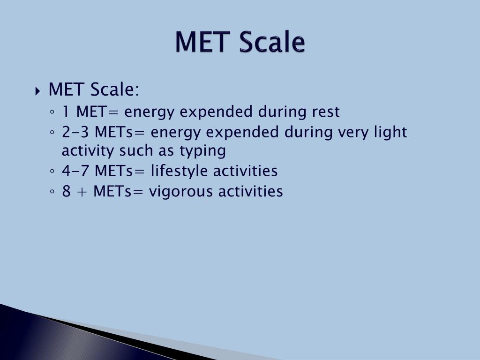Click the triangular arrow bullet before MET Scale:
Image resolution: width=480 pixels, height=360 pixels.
(x=38, y=90)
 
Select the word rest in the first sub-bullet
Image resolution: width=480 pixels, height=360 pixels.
(x=325, y=112)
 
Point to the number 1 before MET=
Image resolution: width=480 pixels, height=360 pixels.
(x=66, y=112)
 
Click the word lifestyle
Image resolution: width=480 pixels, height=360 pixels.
(x=180, y=171)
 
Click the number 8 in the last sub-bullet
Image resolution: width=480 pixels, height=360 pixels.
(x=66, y=191)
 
